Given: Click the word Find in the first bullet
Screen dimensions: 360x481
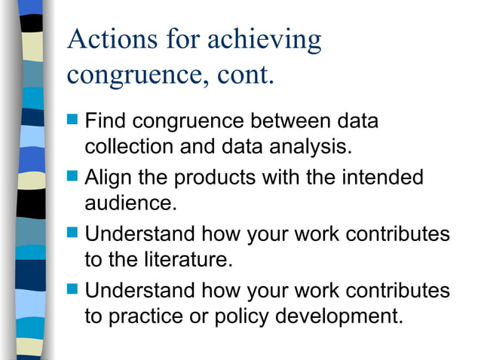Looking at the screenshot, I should click(x=107, y=121).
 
